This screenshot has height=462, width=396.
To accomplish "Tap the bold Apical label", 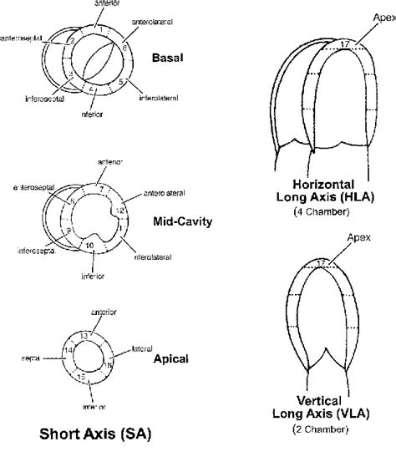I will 171,358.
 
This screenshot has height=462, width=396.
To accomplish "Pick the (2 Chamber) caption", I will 321,429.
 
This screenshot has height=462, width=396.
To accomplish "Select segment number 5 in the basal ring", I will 121,82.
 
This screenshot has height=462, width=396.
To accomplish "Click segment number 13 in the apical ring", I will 84,335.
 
